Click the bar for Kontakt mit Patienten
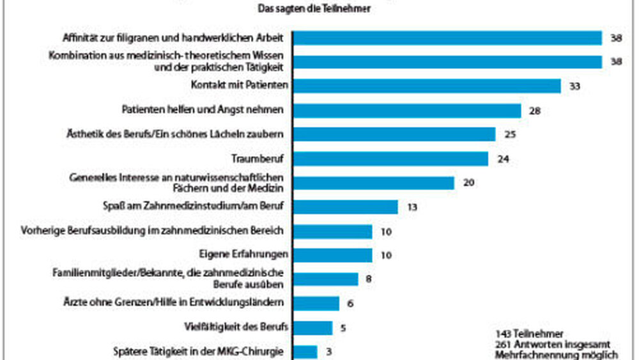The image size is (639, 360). pos(427,86)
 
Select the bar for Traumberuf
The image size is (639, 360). pos(390,159)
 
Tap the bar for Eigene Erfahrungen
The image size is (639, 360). pos(332,255)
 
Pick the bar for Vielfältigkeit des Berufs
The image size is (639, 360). pos(312,328)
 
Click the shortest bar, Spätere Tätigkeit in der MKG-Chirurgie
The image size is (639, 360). pos(305,352)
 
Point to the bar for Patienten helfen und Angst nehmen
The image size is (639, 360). pos(407,111)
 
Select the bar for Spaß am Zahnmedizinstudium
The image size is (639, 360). pos(345,207)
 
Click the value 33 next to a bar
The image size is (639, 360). pos(574,86)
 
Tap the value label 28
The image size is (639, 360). pos(535,111)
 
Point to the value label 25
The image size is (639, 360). pos(509,135)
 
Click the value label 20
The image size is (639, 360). pos(468,183)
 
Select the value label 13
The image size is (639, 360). pos(412,207)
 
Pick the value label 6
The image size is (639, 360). pos(350,304)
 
